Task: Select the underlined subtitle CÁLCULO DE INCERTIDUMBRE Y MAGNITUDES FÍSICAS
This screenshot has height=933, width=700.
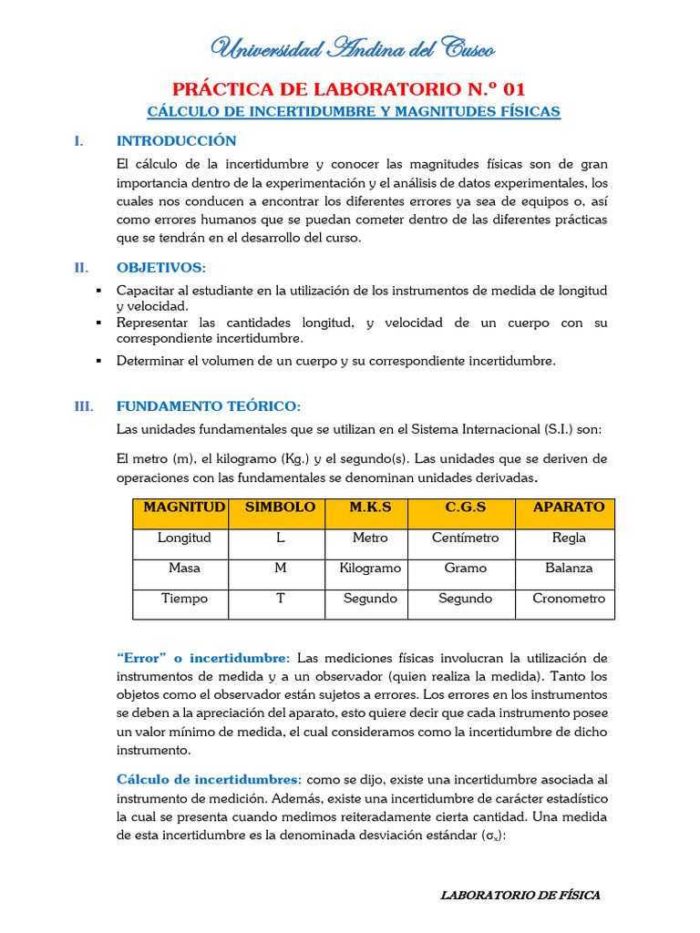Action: coord(354,112)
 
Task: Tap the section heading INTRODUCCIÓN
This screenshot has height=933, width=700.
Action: coord(176,141)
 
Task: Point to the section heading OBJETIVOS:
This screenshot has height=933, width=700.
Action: coord(161,267)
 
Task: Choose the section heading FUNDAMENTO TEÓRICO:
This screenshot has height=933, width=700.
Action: coord(208,405)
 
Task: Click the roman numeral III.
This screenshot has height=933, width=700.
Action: coord(83,405)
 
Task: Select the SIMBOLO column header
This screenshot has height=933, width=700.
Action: coord(280,508)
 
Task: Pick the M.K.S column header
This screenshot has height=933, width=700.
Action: coord(370,508)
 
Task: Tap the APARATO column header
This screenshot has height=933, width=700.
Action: coord(569,508)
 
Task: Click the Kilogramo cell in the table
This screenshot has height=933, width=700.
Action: coord(370,568)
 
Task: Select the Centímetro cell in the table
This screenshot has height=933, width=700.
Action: coord(465,538)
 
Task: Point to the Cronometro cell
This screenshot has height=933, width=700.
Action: coord(569,599)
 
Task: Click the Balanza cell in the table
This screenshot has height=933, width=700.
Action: coord(569,568)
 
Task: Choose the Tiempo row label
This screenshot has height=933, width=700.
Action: coord(184,599)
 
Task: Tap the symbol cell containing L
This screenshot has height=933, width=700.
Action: coord(280,538)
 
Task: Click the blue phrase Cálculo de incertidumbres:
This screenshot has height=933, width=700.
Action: coord(210,780)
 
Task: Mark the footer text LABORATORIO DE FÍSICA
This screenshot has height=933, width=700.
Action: coord(520,896)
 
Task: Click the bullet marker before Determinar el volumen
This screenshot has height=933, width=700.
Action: coord(98,361)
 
